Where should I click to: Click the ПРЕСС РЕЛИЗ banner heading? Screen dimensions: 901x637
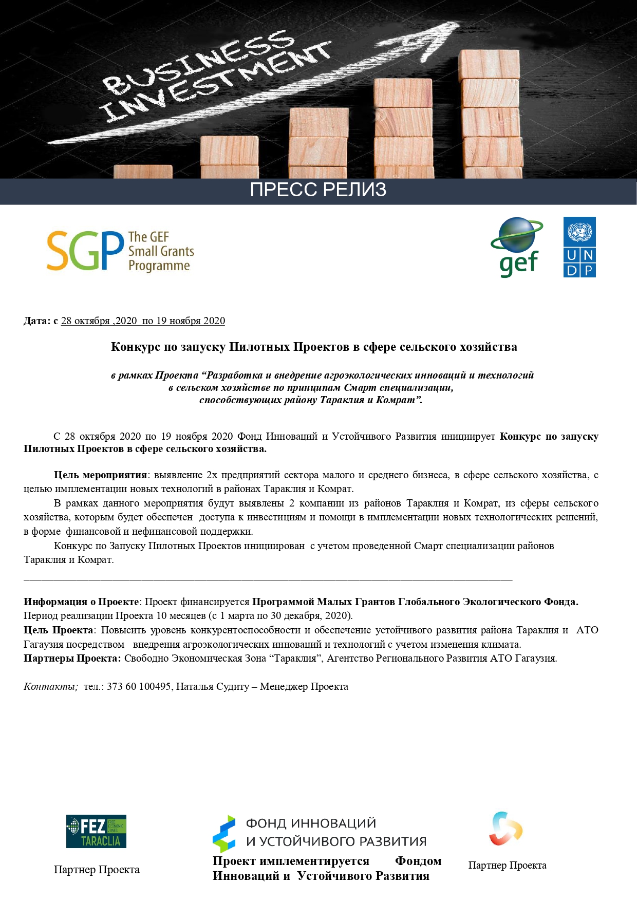coord(318,190)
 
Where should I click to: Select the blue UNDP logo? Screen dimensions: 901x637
coord(579,247)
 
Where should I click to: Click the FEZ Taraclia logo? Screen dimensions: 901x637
coord(96,831)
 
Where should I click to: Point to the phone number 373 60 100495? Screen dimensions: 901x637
coord(139,686)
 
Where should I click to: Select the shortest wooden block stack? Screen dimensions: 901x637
coord(143,172)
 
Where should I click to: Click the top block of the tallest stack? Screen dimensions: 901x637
coord(489,64)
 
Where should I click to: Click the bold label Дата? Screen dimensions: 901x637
coord(37,321)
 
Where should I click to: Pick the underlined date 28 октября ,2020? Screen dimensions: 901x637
coord(99,321)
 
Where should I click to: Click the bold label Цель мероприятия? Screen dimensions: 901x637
coord(100,475)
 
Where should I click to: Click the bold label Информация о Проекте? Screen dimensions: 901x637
coord(81,602)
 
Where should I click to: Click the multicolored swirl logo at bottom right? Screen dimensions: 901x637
coord(505,829)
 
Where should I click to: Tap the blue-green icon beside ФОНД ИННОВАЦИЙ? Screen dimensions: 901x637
coord(224,833)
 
